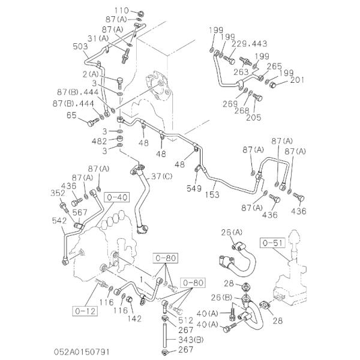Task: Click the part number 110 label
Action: pyautogui.click(x=122, y=10)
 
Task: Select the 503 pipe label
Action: pyautogui.click(x=80, y=46)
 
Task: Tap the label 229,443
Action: pyautogui.click(x=248, y=43)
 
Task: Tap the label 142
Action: pyautogui.click(x=134, y=318)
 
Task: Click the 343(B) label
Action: pyautogui.click(x=186, y=340)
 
